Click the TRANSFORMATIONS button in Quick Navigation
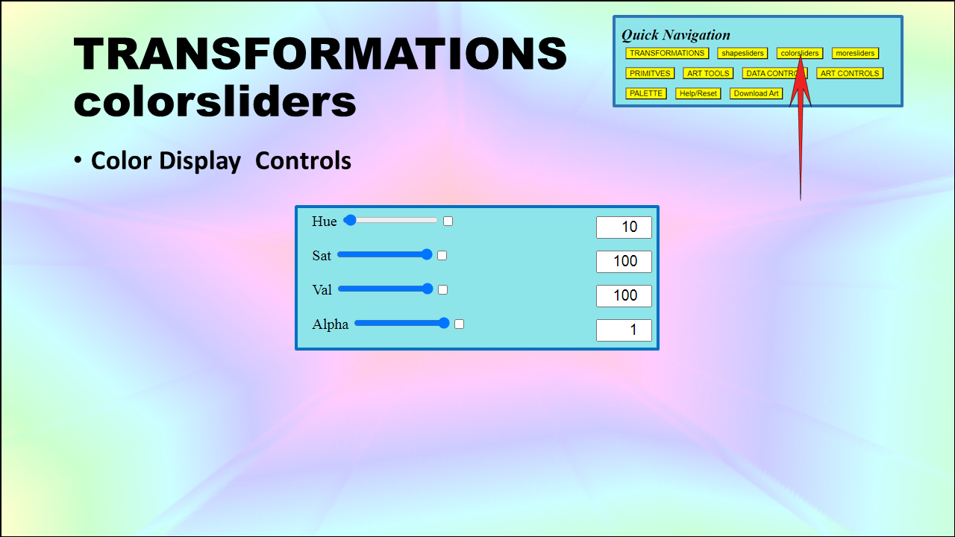coord(667,53)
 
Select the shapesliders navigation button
coord(742,53)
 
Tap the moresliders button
coord(855,53)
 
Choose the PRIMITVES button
coord(650,73)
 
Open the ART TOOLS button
coord(708,73)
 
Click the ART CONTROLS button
coord(850,73)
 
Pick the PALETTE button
coord(646,93)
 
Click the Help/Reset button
coord(698,93)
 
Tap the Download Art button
coord(756,93)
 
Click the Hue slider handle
coord(350,220)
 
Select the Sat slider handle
coord(426,254)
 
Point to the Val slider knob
coord(428,289)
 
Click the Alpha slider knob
coord(444,323)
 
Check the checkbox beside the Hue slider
coord(448,222)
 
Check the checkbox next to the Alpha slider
coord(459,324)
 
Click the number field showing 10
coord(624,227)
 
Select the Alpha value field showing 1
coord(624,330)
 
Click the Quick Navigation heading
coord(676,35)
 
